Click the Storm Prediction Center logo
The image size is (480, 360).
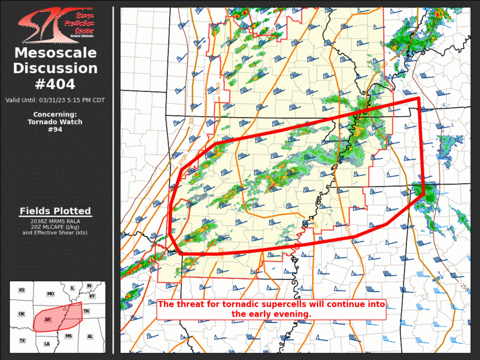coord(56,24)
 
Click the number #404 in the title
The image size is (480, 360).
coord(56,84)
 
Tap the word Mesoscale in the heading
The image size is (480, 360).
coord(56,53)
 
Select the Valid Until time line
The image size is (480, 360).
coord(55,100)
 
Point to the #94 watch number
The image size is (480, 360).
coord(55,130)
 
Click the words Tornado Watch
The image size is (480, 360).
coord(55,122)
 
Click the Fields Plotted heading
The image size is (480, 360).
coord(55,211)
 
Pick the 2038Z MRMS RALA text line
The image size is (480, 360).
coord(55,221)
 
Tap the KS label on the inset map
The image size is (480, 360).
coord(22,290)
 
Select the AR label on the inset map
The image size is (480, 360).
coord(48,320)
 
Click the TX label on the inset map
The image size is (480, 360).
coord(22,341)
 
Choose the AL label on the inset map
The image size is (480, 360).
coord(90,336)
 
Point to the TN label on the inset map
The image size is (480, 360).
coord(87,311)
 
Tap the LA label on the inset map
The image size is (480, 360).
coord(47,344)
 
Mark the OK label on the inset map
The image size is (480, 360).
coord(22,314)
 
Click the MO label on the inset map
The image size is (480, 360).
coord(51,293)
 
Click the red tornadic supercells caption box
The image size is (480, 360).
coord(271,309)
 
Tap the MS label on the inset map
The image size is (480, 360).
coord(68,336)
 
